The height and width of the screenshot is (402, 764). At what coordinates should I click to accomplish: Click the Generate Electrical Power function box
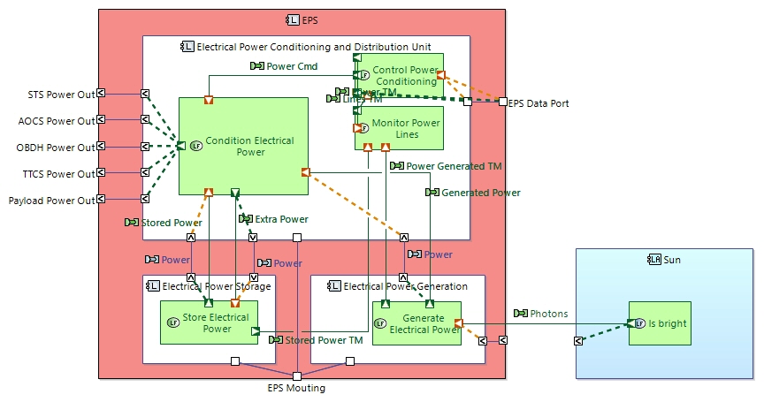(x=416, y=323)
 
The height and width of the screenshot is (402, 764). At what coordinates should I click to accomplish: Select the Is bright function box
(x=665, y=323)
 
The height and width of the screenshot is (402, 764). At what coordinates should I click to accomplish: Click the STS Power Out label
(x=62, y=94)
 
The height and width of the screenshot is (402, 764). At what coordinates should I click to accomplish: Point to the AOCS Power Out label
(x=57, y=120)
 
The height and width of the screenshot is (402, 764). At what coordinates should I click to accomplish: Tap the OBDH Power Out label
(x=56, y=147)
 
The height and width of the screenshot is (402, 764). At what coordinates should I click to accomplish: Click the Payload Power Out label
(x=51, y=201)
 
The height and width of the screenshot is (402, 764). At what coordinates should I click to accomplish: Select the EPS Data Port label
(x=539, y=103)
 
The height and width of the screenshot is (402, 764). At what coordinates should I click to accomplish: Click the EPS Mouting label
(x=296, y=387)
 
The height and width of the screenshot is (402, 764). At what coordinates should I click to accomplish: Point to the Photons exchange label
(x=548, y=314)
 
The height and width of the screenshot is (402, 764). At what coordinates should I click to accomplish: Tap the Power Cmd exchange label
(x=292, y=66)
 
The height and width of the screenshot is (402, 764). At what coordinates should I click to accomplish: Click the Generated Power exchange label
(x=480, y=192)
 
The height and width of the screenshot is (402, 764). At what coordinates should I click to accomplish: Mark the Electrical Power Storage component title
(x=215, y=286)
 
